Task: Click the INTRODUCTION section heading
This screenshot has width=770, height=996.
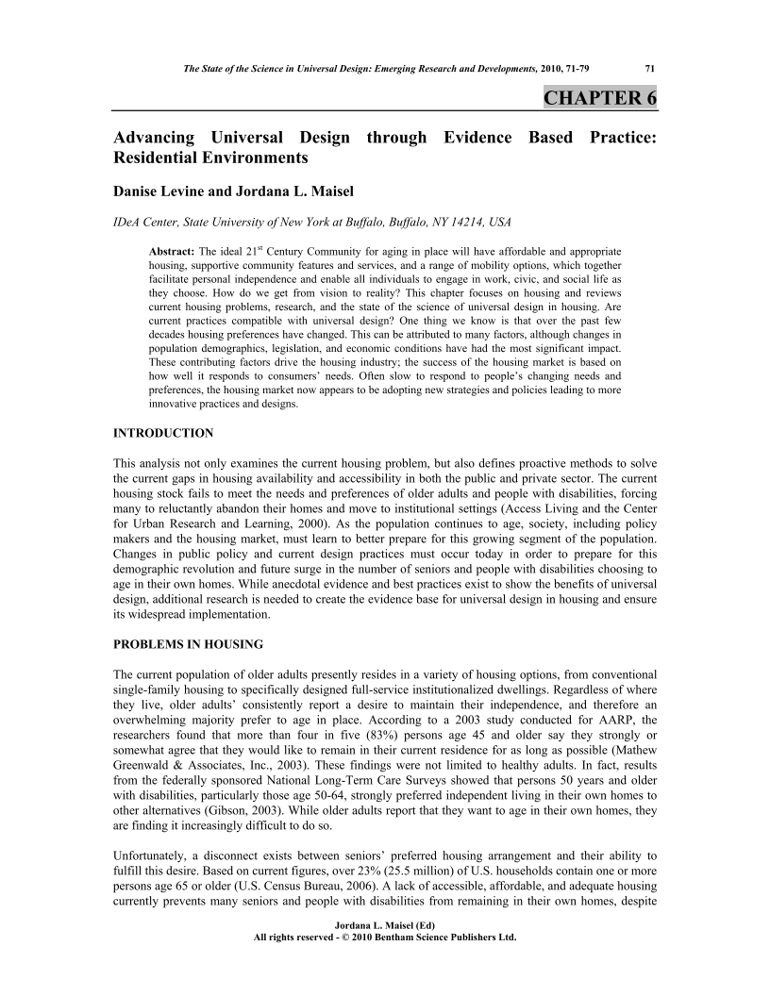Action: (x=163, y=433)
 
